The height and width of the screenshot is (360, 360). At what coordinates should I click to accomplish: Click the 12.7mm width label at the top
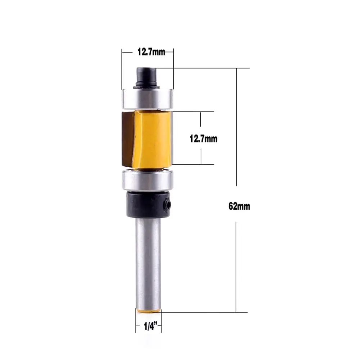151,52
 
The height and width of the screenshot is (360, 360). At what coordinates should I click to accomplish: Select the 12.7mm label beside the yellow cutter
204,138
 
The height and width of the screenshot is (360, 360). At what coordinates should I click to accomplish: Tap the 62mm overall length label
239,206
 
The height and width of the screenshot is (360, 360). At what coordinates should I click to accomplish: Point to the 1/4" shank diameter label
148,327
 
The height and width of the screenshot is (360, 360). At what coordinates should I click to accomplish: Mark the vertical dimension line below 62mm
236,266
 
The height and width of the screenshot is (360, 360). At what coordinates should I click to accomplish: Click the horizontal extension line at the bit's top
201,68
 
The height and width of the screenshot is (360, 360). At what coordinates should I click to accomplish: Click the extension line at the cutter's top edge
194,111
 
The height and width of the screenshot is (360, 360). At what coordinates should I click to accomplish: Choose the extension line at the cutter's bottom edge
194,164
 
